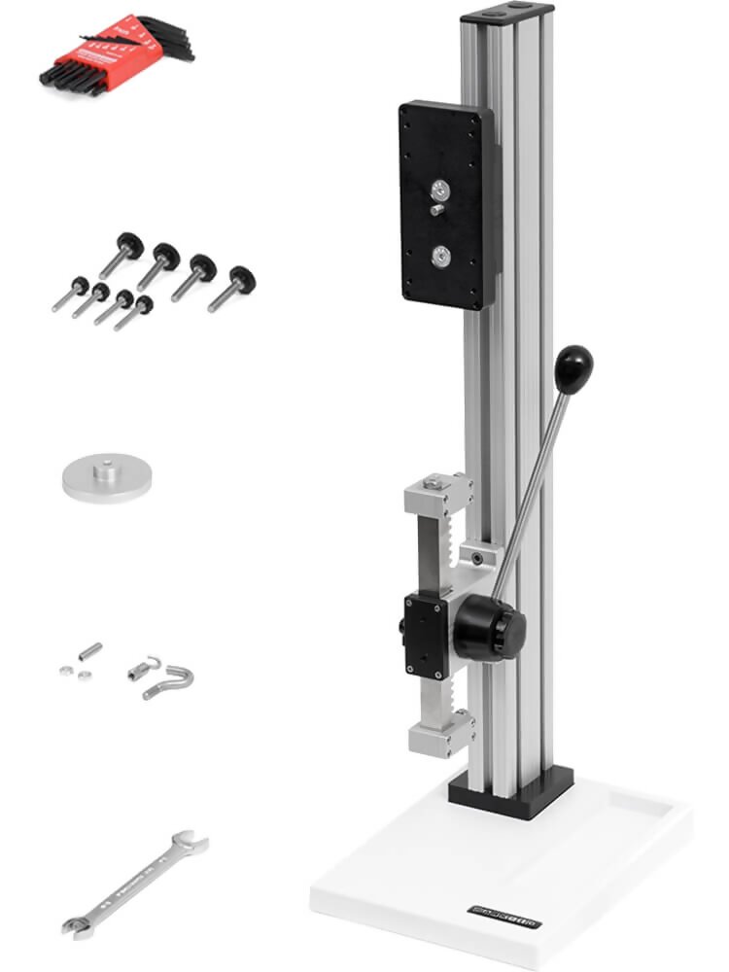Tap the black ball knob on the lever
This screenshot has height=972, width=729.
coord(573,367)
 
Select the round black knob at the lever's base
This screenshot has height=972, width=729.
coord(490,626)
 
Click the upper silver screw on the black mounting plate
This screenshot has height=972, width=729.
coord(443,189)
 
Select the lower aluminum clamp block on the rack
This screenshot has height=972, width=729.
coord(441,735)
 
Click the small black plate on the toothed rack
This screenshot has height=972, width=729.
coord(425,637)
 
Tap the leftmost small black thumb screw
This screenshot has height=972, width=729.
coord(71,295)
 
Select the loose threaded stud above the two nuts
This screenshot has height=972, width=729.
coord(89,648)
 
